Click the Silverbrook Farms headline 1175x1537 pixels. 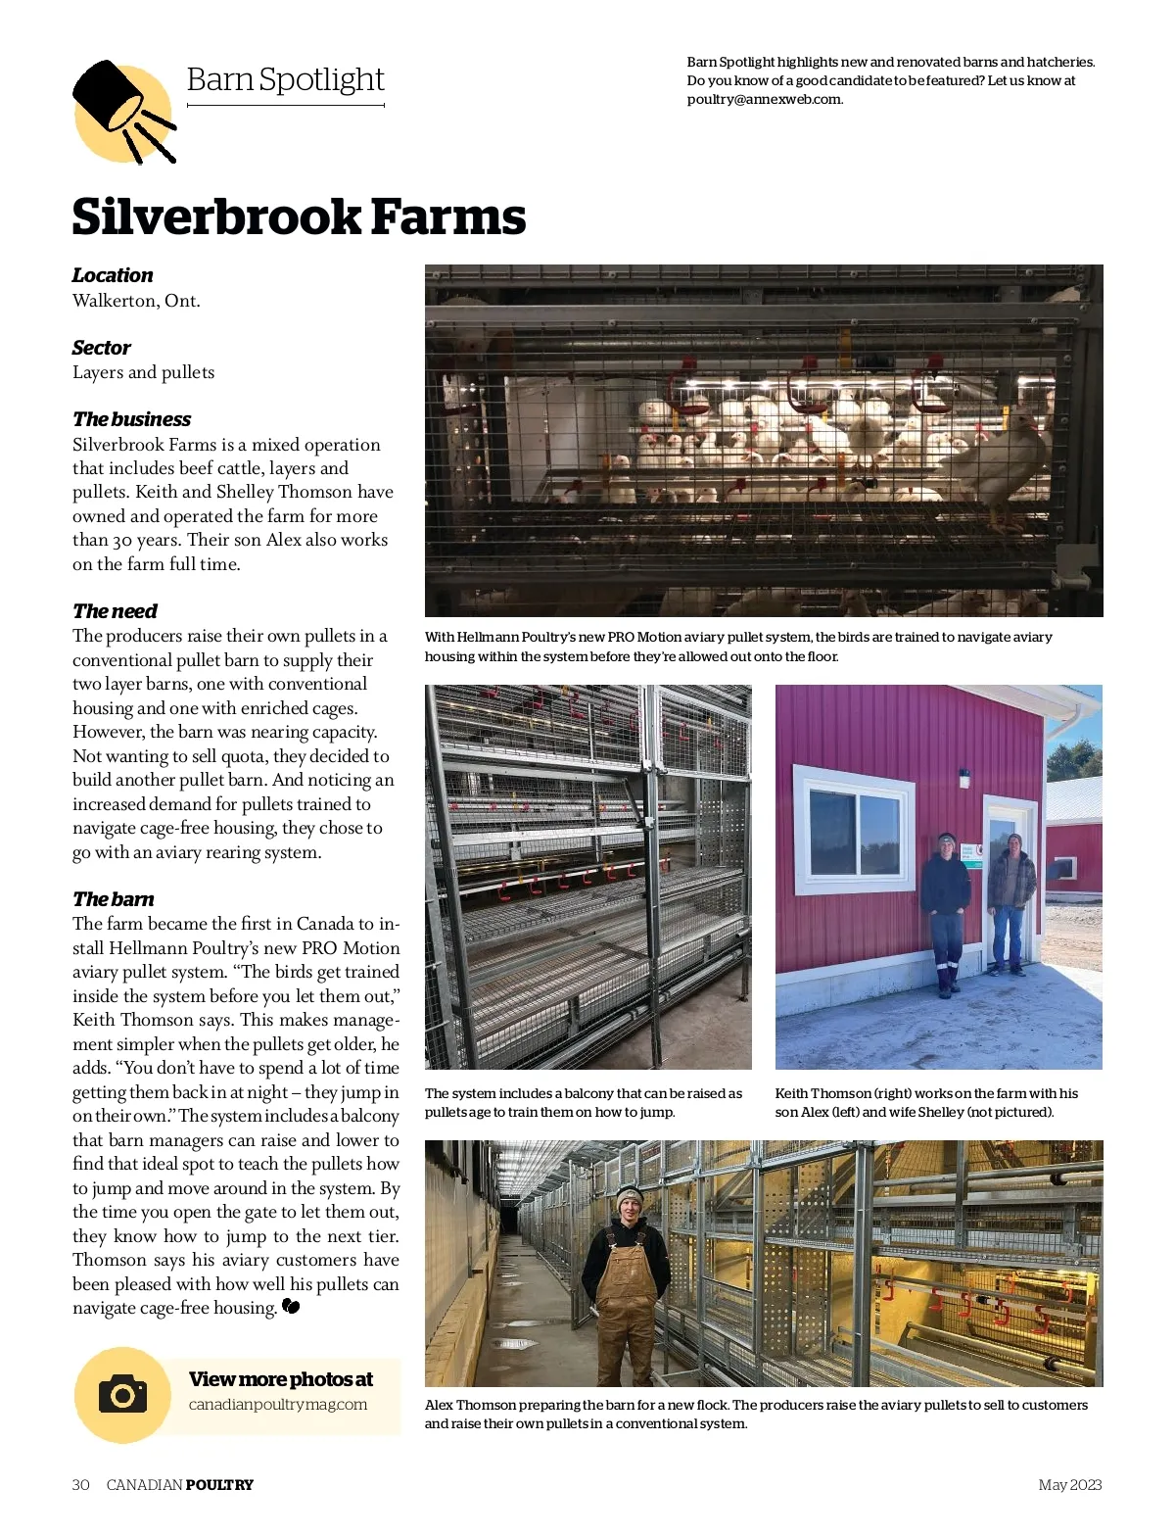299,217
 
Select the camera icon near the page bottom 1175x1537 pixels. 122,1394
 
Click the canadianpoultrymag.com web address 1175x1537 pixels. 278,1404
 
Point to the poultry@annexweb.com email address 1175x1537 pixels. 765,99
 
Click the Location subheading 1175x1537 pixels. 113,275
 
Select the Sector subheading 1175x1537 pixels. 101,348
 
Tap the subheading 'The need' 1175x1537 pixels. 115,611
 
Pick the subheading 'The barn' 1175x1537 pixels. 113,899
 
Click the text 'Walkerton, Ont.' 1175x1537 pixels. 136,301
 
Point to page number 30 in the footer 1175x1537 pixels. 80,1484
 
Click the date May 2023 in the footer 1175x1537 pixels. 1069,1484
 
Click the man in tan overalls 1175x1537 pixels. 626,1277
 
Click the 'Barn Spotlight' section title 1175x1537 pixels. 285,79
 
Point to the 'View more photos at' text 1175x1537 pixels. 281,1379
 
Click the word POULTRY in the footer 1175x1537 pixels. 219,1484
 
